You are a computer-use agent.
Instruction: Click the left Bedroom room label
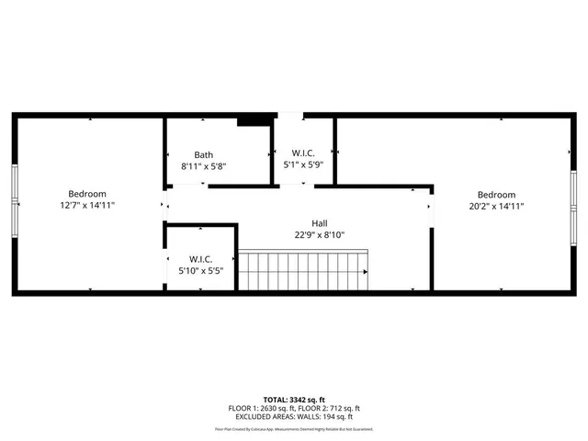pyautogui.click(x=87, y=194)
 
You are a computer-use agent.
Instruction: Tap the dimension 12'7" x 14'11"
pyautogui.click(x=87, y=206)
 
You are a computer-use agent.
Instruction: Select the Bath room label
pyautogui.click(x=203, y=154)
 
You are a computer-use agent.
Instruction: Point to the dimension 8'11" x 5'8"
pyautogui.click(x=203, y=166)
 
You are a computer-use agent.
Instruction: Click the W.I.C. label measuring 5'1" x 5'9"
pyautogui.click(x=302, y=153)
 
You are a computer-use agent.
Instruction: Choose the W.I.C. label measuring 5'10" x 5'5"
pyautogui.click(x=201, y=258)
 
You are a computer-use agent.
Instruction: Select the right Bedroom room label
pyautogui.click(x=496, y=195)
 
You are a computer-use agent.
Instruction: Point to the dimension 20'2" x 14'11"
pyautogui.click(x=496, y=207)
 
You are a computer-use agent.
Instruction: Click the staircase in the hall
pyautogui.click(x=303, y=271)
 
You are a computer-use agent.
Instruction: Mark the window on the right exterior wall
pyautogui.click(x=574, y=202)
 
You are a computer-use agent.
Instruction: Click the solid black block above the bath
pyautogui.click(x=253, y=119)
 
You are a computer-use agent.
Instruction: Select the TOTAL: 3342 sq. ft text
pyautogui.click(x=294, y=401)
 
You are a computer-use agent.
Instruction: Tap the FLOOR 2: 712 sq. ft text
pyautogui.click(x=329, y=409)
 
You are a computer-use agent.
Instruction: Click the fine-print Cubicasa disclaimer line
pyautogui.click(x=294, y=429)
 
